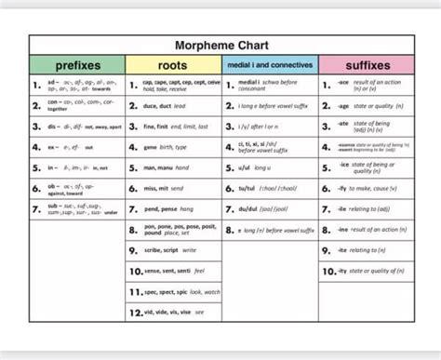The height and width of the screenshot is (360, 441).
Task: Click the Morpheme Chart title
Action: (x=220, y=45)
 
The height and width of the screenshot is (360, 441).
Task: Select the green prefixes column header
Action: (x=77, y=65)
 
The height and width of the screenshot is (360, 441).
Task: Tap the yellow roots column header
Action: (x=173, y=65)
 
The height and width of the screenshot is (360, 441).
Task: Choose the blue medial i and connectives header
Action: (x=270, y=65)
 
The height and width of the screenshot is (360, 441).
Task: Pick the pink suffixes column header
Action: (x=367, y=65)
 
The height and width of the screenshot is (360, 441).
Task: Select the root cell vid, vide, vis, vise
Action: (x=174, y=312)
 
